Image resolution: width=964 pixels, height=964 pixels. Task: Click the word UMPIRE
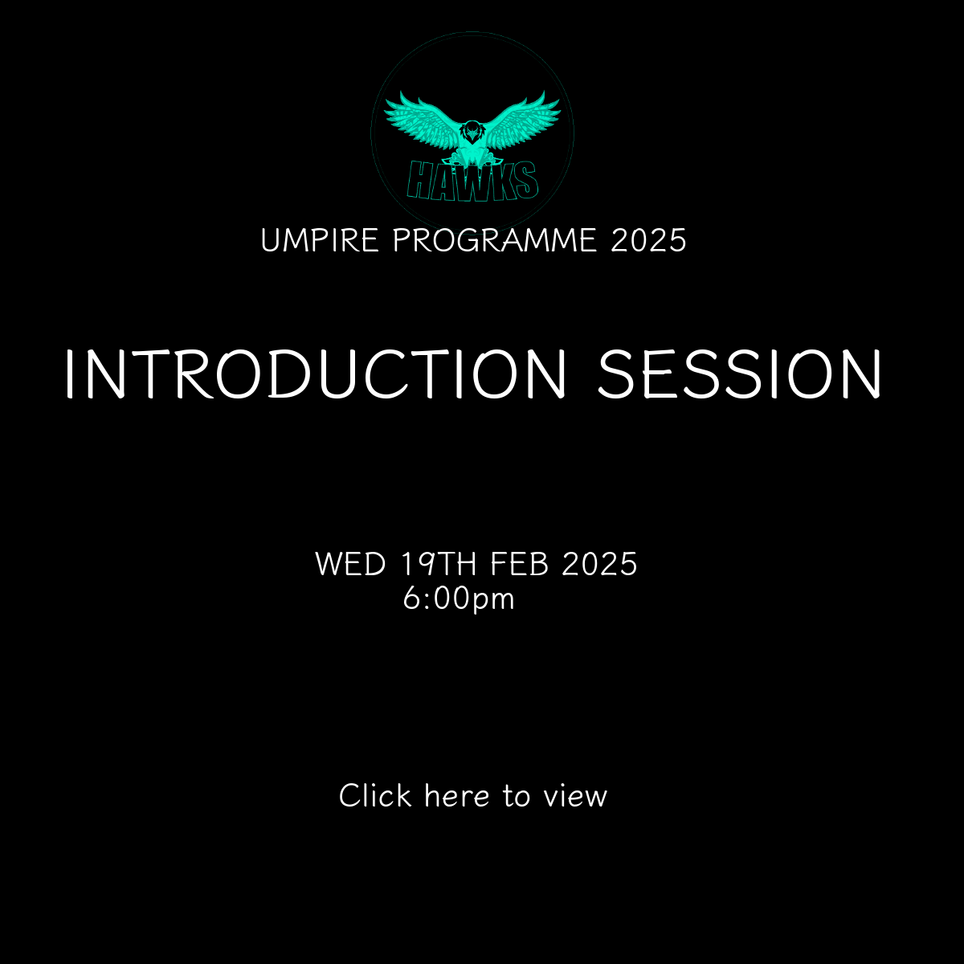pos(320,240)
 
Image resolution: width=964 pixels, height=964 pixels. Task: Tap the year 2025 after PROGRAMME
pos(648,240)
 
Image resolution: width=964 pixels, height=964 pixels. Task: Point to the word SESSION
pos(739,374)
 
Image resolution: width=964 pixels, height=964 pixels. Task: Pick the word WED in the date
pos(351,564)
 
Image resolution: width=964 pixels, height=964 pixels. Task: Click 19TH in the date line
pos(439,564)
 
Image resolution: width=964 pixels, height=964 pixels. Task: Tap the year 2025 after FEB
pos(599,564)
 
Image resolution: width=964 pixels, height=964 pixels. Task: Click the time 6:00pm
pos(459,598)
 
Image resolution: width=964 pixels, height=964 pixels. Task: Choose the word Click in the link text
pos(375,795)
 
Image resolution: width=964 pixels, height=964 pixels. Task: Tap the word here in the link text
pos(457,795)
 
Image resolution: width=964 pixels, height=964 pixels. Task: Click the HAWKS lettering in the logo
pos(472,180)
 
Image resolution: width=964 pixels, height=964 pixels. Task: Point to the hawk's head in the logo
pos(472,132)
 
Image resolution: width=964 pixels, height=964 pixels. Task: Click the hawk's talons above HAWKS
pos(472,159)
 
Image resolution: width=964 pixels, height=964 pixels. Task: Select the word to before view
pos(517,796)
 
